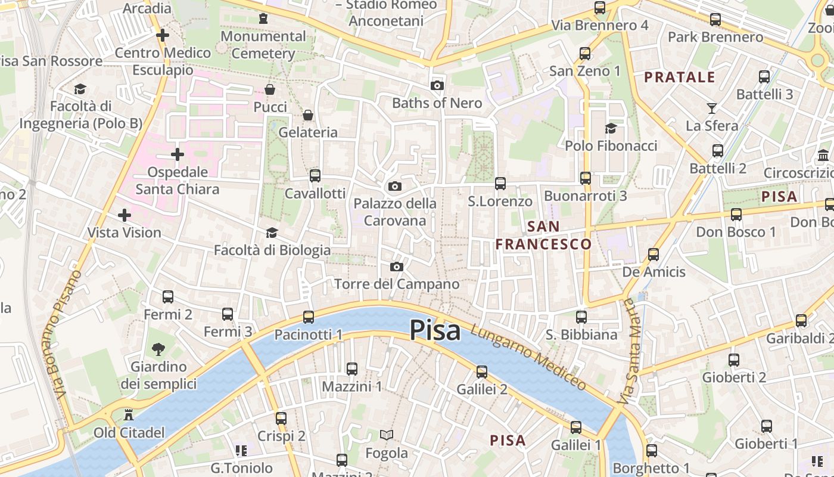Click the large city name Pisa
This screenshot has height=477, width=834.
tap(435, 330)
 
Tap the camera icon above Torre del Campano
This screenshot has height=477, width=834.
tap(397, 267)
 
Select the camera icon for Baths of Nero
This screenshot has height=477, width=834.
tap(437, 85)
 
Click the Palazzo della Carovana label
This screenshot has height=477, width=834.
tap(395, 212)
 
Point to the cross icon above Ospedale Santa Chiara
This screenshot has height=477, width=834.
tap(178, 154)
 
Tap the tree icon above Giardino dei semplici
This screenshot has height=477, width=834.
tap(158, 349)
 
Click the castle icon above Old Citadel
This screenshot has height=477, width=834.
tap(129, 415)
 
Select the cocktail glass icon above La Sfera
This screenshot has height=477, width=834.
tap(712, 108)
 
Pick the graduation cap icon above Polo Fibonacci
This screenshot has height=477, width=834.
tap(611, 128)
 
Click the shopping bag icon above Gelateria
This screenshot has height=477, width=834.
tap(308, 114)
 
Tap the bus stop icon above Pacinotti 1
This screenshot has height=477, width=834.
tap(309, 317)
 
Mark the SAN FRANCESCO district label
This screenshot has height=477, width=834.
tap(543, 236)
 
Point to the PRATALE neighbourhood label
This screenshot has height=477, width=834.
tap(680, 77)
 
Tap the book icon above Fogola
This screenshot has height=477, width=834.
tap(387, 435)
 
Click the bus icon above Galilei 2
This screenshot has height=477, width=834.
tap(482, 371)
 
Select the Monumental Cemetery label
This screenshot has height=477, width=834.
tap(263, 45)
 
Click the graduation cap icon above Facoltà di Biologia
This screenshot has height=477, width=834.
tap(272, 233)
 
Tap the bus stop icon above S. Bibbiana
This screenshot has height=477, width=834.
tap(581, 317)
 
